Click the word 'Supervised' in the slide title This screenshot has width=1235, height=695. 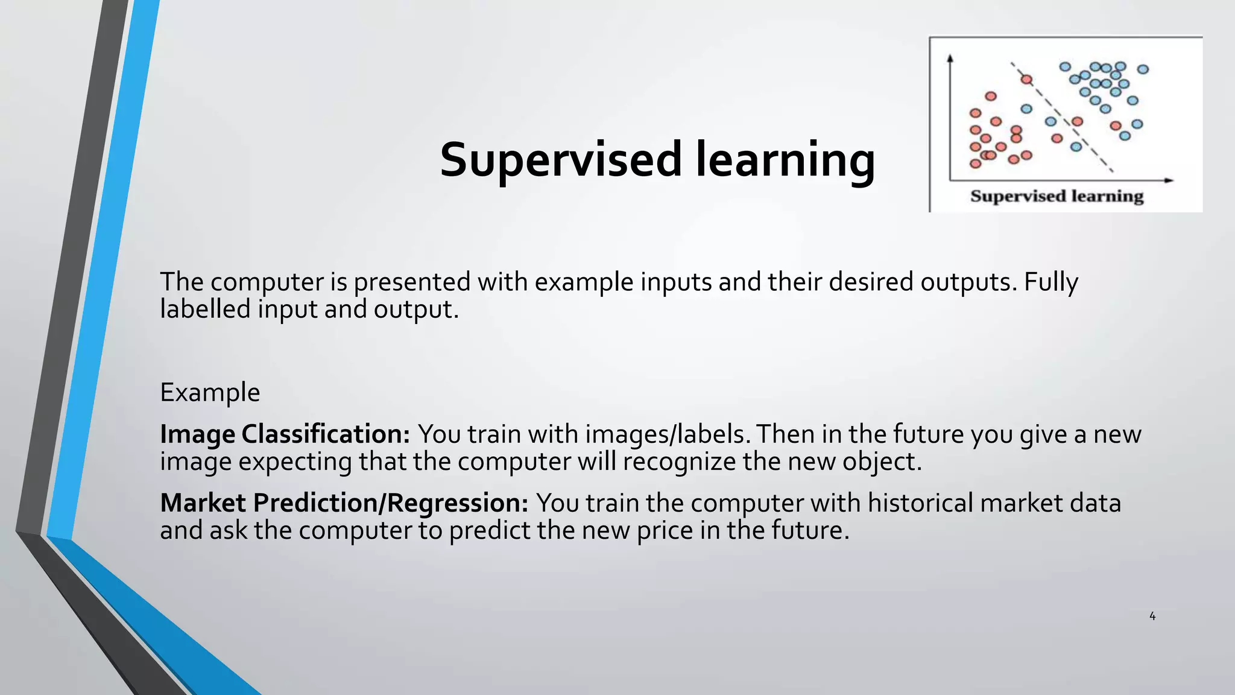(561, 160)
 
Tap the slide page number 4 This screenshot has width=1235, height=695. (1152, 616)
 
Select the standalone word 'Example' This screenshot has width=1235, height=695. (210, 392)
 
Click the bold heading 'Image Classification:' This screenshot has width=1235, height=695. (285, 434)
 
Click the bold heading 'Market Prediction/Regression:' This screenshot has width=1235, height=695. (344, 503)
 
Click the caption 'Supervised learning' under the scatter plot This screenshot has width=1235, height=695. (1057, 196)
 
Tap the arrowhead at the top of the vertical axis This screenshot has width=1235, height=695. (950, 59)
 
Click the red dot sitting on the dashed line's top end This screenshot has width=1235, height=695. (1026, 79)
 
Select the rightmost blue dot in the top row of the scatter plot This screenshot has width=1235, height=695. (1143, 69)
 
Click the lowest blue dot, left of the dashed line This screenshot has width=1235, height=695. (1076, 147)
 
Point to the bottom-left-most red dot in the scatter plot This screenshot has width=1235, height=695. (975, 163)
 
